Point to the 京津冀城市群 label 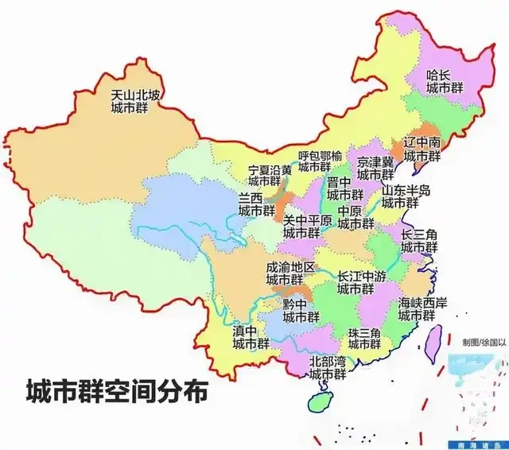click(375, 168)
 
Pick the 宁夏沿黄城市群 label click(270, 176)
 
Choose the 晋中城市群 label click(344, 188)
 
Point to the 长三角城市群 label click(419, 241)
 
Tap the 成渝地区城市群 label click(290, 273)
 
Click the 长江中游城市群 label click(362, 282)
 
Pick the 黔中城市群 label click(301, 310)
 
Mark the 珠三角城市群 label click(363, 338)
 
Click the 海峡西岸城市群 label click(419, 308)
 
